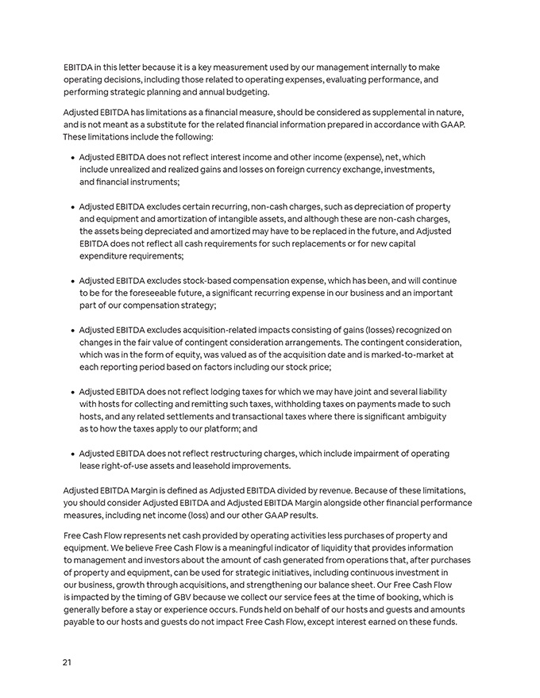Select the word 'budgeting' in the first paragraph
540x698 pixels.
click(x=246, y=92)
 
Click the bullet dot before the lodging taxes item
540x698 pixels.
click(x=72, y=392)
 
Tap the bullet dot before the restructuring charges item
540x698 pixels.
click(x=72, y=454)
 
